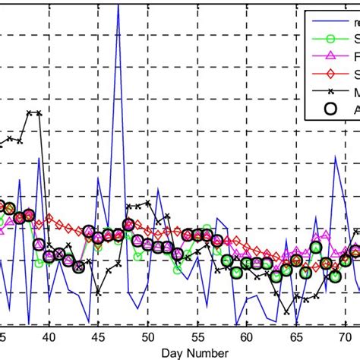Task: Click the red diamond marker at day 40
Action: point(49,219)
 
